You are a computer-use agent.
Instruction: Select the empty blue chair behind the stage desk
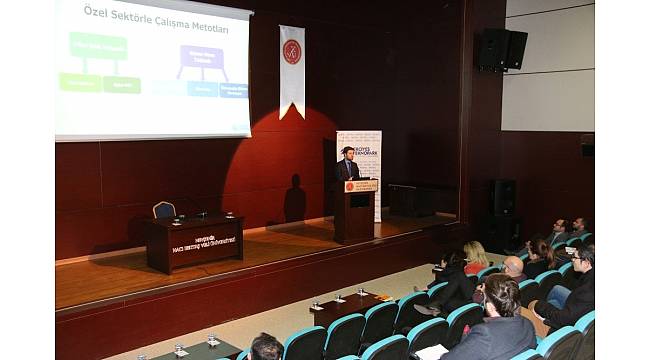[x=164, y=210]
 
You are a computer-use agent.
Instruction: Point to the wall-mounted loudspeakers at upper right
[x=501, y=49]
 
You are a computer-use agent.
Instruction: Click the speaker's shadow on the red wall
[x=294, y=199]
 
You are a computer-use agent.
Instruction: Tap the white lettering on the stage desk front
[x=203, y=242]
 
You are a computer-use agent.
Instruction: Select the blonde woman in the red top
[x=475, y=259]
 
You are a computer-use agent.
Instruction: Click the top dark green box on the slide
[x=98, y=45]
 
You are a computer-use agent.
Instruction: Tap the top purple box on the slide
[x=202, y=57]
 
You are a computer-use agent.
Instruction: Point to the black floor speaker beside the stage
[x=503, y=197]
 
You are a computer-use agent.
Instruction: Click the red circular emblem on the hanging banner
[x=292, y=52]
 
